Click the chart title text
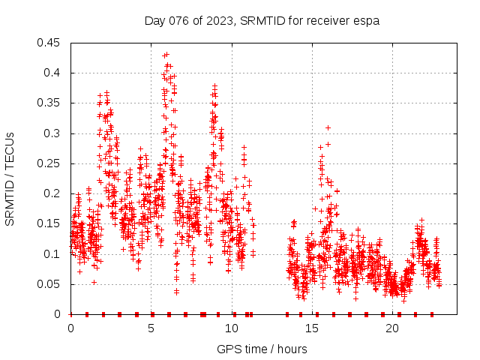click(262, 21)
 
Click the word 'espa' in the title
click(367, 21)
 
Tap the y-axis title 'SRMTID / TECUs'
click(10, 178)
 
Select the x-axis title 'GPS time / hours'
click(262, 349)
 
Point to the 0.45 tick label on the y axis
click(50, 43)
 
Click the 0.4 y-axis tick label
click(54, 73)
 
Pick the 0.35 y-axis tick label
click(50, 103)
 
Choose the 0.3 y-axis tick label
click(54, 133)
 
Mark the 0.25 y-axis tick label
click(50, 163)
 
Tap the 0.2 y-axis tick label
click(54, 193)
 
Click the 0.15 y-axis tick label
click(50, 223)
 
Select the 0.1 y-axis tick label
click(54, 253)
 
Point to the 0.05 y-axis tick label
click(50, 284)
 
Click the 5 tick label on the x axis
click(151, 328)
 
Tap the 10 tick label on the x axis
click(232, 328)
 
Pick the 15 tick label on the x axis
click(312, 328)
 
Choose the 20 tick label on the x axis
click(392, 328)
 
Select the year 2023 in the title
click(217, 21)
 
